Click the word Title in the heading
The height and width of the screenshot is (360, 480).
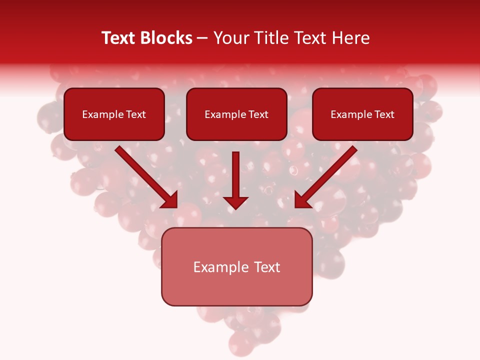click(267, 38)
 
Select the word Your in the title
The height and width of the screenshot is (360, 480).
click(230, 38)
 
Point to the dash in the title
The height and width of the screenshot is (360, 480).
click(202, 38)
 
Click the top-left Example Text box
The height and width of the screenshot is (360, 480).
click(114, 114)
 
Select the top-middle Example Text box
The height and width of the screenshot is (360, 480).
click(236, 114)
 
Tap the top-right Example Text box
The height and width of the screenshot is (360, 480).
click(362, 114)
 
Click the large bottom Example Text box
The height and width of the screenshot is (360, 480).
click(236, 266)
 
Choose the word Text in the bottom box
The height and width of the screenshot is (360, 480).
click(266, 267)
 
